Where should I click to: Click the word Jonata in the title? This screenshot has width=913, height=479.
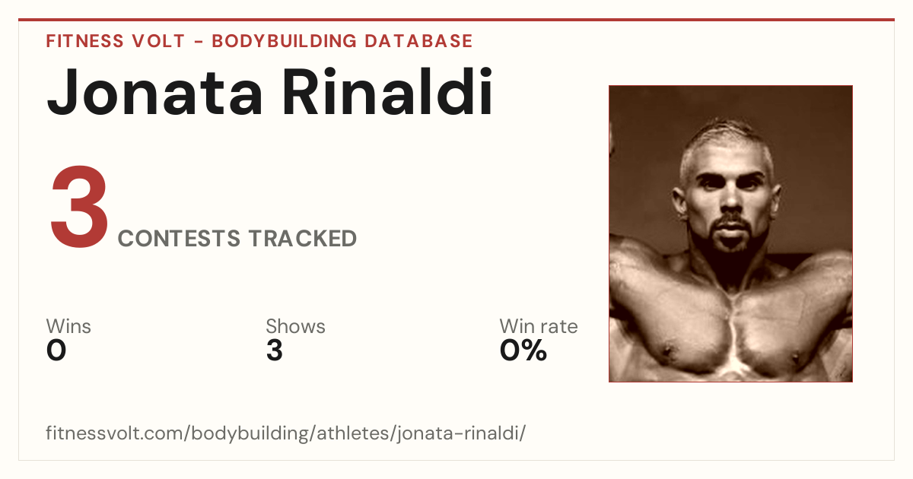154,93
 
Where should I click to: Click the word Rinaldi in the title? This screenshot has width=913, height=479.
387,91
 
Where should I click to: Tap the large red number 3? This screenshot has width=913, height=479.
79,206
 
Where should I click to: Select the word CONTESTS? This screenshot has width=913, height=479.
179,238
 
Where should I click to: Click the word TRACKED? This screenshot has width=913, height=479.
303,238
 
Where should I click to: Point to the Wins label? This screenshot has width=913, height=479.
68,326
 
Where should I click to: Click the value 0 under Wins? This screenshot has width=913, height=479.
56,351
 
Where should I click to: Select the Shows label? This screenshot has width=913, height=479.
295,326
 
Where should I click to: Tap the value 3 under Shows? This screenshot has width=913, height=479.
275,351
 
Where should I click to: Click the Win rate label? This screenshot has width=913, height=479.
539,326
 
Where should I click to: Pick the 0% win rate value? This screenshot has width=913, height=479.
523,351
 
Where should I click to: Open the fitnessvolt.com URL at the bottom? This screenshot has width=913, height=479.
286,433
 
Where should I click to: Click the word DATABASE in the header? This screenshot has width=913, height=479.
418,41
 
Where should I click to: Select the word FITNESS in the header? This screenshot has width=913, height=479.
84,41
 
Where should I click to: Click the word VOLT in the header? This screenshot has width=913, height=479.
158,41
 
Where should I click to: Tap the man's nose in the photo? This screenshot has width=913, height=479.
731,199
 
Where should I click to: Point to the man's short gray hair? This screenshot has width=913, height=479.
727,143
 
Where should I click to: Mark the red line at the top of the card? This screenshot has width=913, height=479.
456,20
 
